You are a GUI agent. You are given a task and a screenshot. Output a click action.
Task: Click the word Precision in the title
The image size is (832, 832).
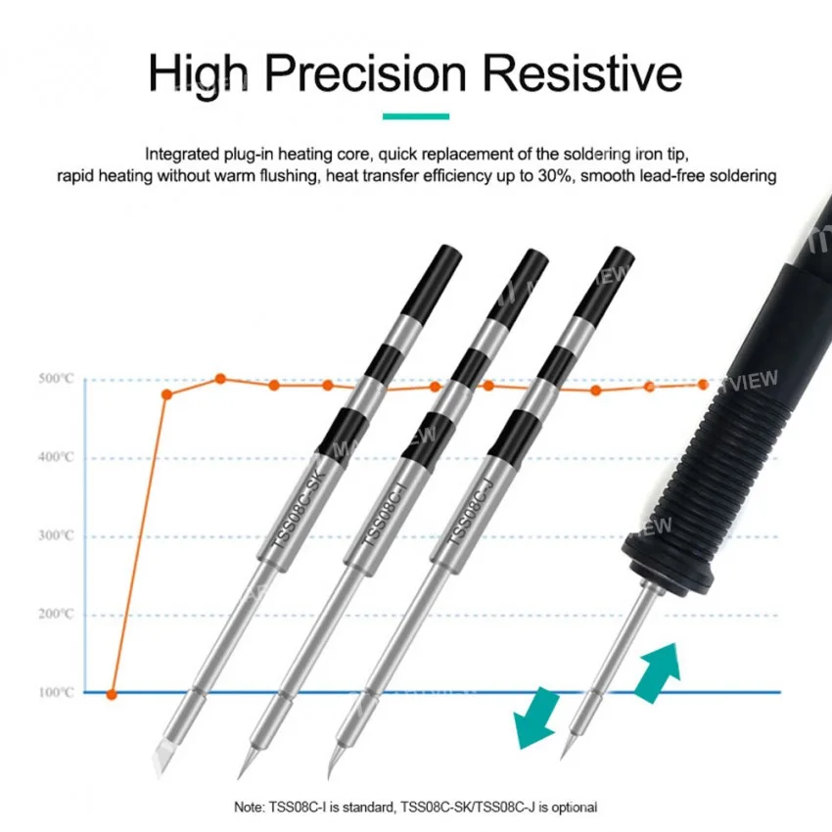point(365,73)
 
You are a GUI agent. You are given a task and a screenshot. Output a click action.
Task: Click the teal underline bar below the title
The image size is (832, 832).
point(416,116)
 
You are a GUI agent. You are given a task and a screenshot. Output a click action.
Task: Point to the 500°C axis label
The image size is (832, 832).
point(56,379)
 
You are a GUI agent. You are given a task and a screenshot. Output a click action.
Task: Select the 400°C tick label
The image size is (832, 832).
point(56,457)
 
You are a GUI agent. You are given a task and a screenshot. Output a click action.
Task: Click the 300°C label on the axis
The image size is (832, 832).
point(56,536)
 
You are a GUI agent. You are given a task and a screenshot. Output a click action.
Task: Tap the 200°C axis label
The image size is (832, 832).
point(56,614)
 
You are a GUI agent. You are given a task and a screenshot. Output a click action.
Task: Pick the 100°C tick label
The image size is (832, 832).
point(56,692)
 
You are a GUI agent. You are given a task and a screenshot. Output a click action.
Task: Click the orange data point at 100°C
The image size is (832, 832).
point(112,695)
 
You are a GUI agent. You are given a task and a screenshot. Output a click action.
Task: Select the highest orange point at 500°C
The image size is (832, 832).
point(221,379)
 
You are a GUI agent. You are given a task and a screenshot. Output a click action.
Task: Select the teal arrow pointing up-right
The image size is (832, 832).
point(658,672)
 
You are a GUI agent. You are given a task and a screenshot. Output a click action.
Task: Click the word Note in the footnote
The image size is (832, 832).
point(249,808)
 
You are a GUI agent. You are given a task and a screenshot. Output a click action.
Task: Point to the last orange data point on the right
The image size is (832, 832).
point(703,384)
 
